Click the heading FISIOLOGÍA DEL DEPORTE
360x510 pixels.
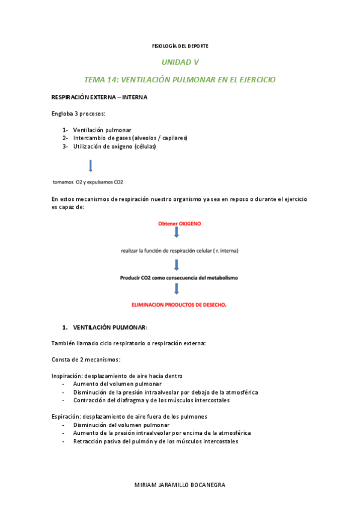[x=180, y=46]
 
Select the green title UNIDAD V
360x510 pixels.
[x=180, y=62]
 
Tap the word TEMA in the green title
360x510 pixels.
[x=94, y=79]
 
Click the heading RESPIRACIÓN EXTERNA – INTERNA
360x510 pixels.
[x=99, y=97]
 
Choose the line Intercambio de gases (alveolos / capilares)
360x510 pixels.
[x=130, y=138]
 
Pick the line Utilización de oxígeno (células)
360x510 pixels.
[x=114, y=146]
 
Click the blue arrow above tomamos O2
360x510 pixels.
[x=90, y=165]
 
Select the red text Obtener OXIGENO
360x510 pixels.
[x=179, y=223]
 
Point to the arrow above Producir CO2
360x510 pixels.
[x=177, y=265]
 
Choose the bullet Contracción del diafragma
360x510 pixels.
[x=151, y=400]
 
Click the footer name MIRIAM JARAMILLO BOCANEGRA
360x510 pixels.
[x=180, y=485]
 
